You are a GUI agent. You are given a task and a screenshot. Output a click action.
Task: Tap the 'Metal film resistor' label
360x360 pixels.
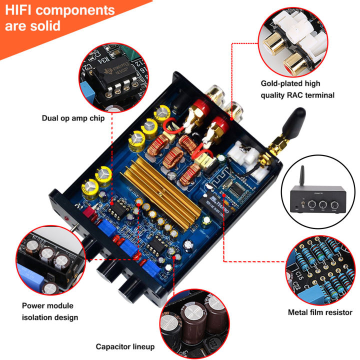point(320,312)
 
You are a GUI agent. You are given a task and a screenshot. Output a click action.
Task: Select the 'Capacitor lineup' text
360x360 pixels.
point(125,346)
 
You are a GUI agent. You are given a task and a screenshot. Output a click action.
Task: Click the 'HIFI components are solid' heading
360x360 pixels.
point(59,17)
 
